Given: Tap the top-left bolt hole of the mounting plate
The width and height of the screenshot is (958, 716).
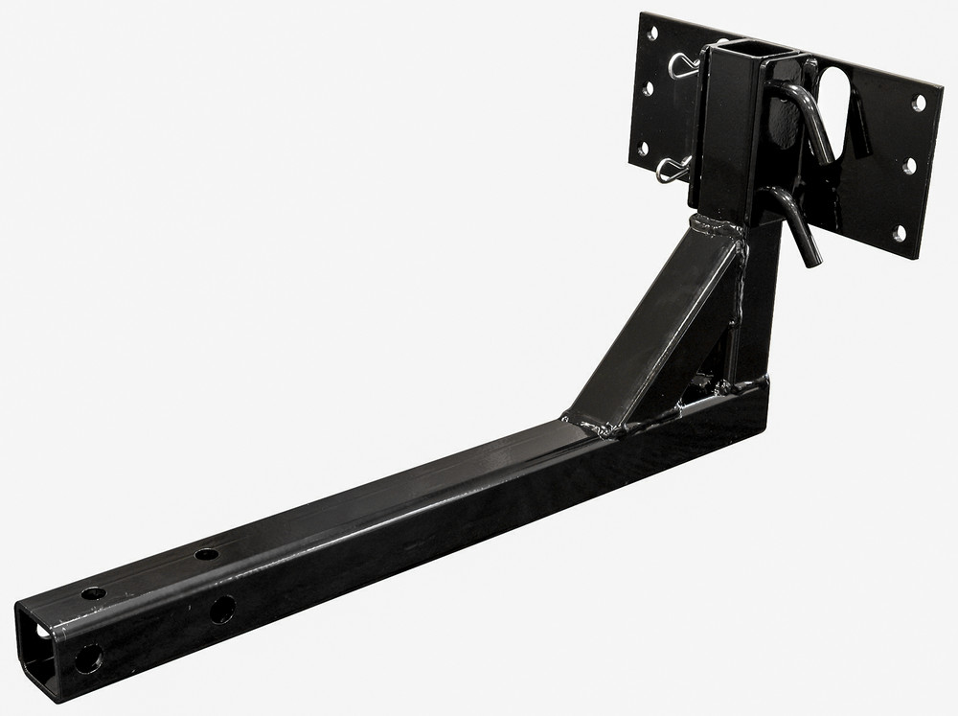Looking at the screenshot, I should (653, 35).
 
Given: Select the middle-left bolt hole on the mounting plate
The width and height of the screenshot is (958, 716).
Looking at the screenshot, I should (649, 89).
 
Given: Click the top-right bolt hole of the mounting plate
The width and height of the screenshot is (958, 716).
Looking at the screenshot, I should (919, 102).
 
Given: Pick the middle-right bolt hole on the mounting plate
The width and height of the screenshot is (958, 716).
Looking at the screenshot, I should (909, 166).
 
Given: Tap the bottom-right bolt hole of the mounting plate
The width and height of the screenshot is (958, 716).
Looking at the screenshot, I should (899, 233).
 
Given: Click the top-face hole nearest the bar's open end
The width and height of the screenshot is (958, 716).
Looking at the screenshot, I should (94, 593).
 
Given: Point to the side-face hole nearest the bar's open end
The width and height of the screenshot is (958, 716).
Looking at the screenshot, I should (88, 658).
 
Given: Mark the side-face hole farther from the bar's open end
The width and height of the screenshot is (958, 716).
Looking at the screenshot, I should (221, 609).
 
